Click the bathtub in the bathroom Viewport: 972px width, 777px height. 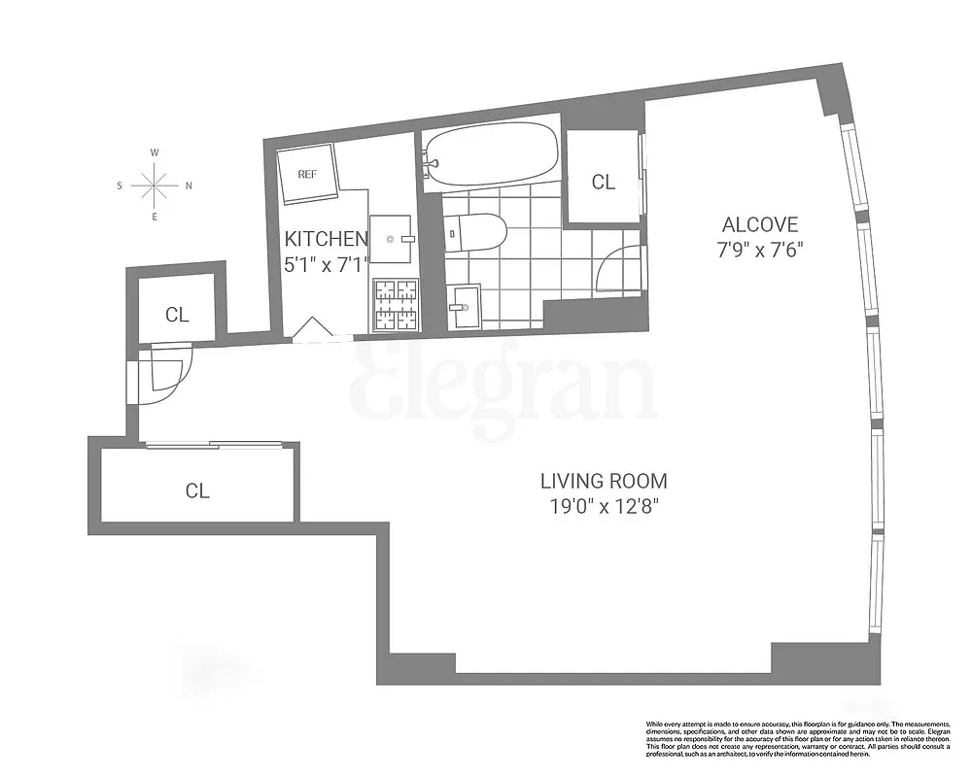[491, 153]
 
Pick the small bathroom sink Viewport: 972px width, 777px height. [466, 307]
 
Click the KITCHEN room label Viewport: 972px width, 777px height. [326, 239]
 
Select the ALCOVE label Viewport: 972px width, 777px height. [759, 225]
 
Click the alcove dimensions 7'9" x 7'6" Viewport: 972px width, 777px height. [759, 249]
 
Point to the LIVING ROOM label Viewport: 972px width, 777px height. [604, 481]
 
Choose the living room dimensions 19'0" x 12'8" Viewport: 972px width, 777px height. [604, 505]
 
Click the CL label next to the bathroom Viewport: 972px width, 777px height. [604, 183]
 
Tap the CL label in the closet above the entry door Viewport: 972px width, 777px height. [176, 314]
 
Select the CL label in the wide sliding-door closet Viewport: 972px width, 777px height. [197, 490]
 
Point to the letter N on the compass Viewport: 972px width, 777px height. [189, 185]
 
